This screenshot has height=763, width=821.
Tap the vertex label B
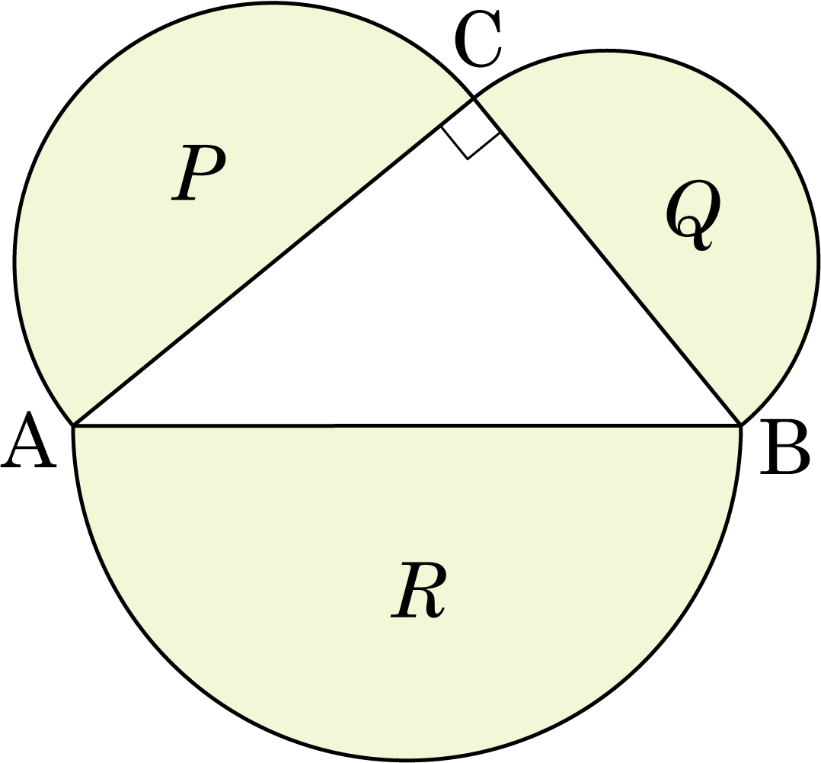coord(785,447)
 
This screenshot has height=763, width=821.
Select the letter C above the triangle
coord(478,40)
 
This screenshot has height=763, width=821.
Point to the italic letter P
coord(199,172)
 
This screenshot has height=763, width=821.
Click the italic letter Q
coord(693,216)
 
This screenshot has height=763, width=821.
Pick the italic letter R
coord(418,589)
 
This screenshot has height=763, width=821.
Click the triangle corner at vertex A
coord(73,425)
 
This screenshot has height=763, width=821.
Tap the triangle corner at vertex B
coord(740,425)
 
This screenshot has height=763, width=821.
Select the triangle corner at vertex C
coord(474,98)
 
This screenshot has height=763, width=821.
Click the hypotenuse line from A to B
coord(407,425)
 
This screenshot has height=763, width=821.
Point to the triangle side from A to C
coord(273,261)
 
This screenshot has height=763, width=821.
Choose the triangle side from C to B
coord(607,261)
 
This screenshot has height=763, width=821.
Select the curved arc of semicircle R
coord(407,759)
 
